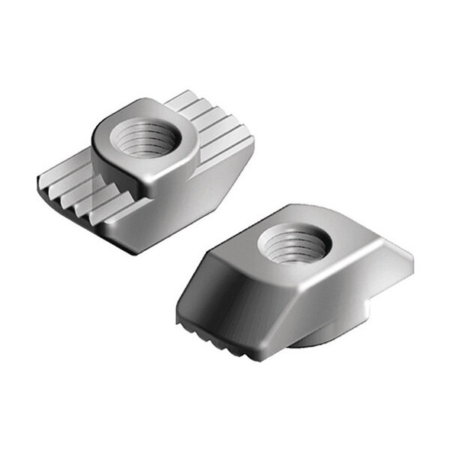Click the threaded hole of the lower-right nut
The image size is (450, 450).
294,245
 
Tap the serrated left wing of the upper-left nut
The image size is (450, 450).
76,194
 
